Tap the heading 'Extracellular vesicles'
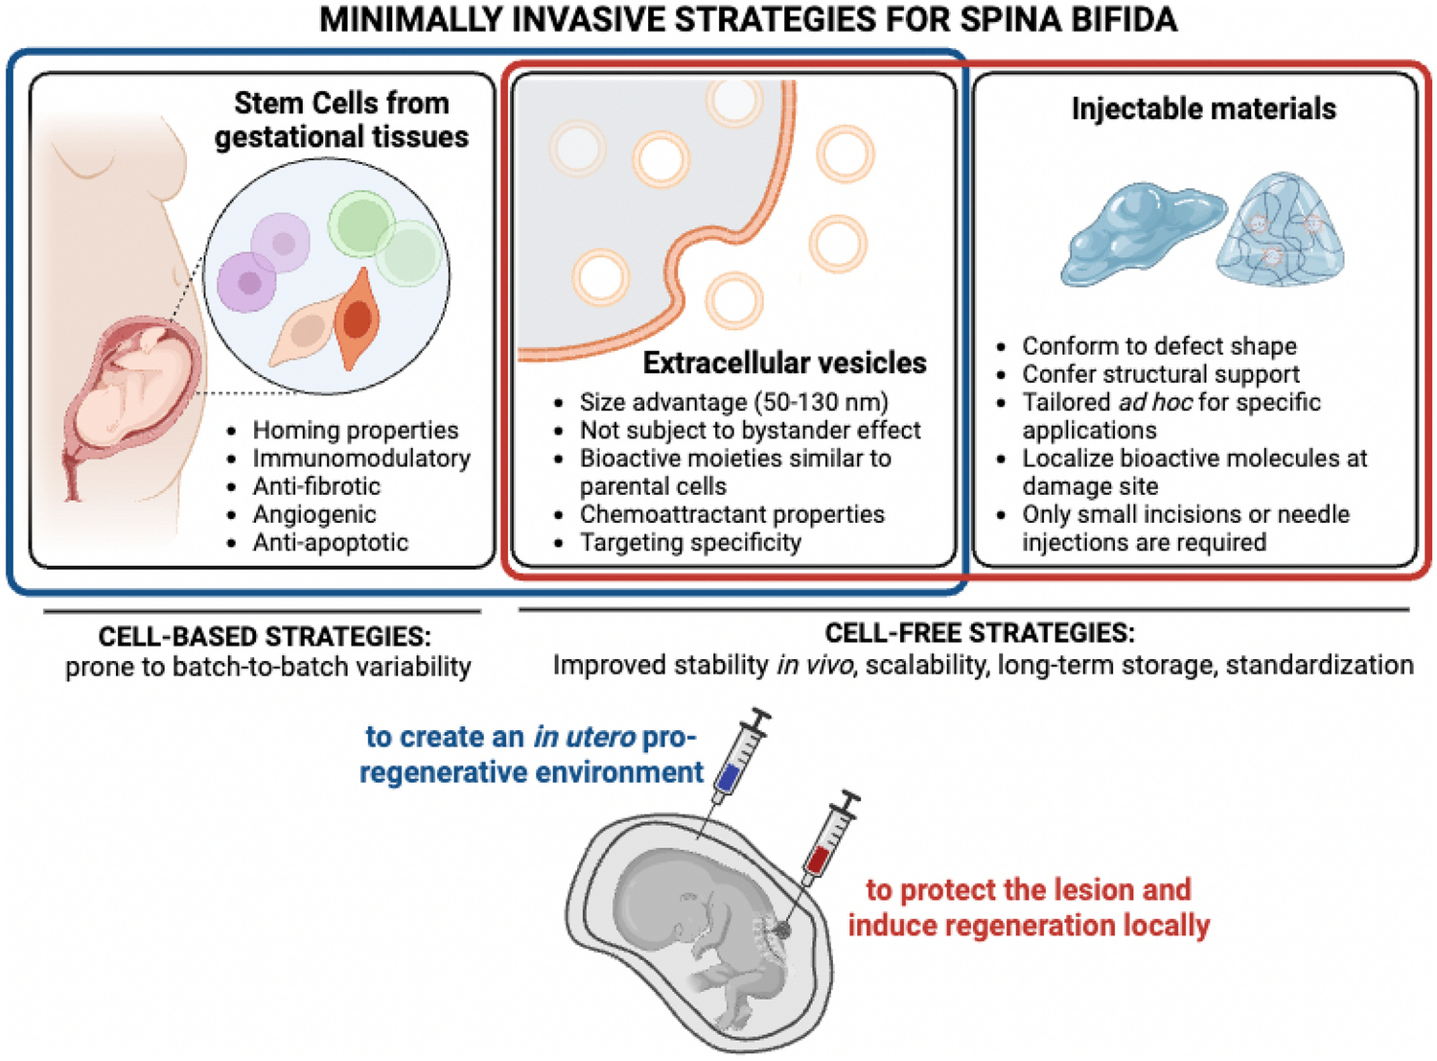pyautogui.click(x=784, y=363)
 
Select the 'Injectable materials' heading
pyautogui.click(x=1203, y=108)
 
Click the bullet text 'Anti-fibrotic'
pyautogui.click(x=316, y=486)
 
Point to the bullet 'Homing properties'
pyautogui.click(x=355, y=430)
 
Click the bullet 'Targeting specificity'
pyautogui.click(x=690, y=543)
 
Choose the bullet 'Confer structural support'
pyautogui.click(x=1160, y=374)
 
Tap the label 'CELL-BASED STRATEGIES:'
pyautogui.click(x=265, y=636)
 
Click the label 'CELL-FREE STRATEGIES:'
pyautogui.click(x=980, y=632)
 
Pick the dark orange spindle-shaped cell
pyautogui.click(x=357, y=319)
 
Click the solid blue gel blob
pyautogui.click(x=1141, y=233)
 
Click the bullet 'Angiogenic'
pyautogui.click(x=314, y=514)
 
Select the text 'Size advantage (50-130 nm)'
pyautogui.click(x=733, y=402)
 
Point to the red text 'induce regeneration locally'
pyautogui.click(x=1029, y=925)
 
